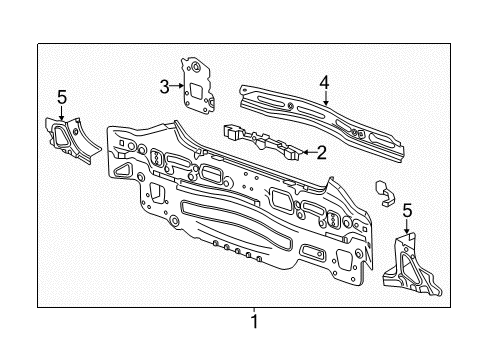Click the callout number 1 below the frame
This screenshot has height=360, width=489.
coord(254,322)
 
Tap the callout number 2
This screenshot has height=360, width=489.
coord(321,153)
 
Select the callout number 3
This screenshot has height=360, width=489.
coord(163,87)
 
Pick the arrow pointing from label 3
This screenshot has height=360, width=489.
coord(177,87)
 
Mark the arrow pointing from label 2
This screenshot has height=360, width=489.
coord(304,152)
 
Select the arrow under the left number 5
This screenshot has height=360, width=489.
coord(61,113)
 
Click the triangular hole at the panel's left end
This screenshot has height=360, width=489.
coord(122,171)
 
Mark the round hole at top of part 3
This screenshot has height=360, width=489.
coord(196,67)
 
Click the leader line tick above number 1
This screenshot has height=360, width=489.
coord(254,309)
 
